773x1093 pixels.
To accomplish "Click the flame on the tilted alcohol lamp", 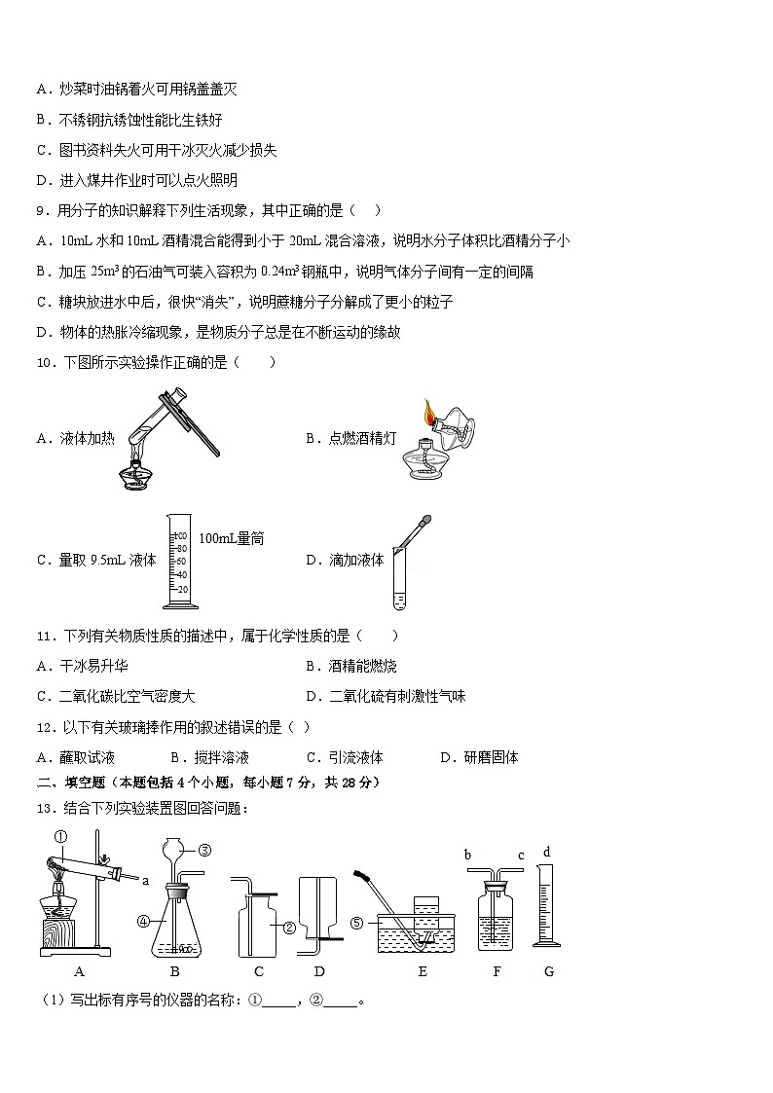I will [428, 414].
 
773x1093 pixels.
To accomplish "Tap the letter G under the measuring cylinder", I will [549, 971].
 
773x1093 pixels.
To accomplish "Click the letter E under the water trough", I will [422, 971].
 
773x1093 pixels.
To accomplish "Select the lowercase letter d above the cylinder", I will [547, 852].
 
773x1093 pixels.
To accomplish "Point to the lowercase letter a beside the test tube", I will [145, 881].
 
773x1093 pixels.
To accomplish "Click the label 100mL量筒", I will [231, 538].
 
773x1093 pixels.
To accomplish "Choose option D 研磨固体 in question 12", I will [479, 757].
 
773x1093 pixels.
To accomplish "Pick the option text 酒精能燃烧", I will [362, 666].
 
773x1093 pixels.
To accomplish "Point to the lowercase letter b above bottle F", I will [467, 855].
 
